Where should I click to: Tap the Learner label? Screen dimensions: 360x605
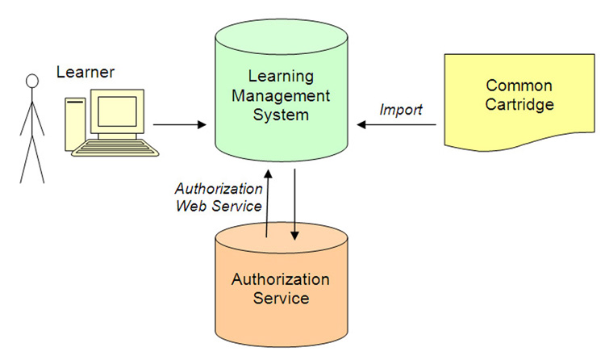point(86,73)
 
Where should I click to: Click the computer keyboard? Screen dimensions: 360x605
point(116,149)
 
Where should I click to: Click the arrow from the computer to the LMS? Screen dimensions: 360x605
point(179,125)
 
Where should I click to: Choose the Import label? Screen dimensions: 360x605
point(401,110)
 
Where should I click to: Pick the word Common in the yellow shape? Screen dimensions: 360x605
point(519,86)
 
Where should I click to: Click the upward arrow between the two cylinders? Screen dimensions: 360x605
point(267,201)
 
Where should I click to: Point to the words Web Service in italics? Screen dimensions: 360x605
point(219,206)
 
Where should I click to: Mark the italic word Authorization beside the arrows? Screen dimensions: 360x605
point(219,189)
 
